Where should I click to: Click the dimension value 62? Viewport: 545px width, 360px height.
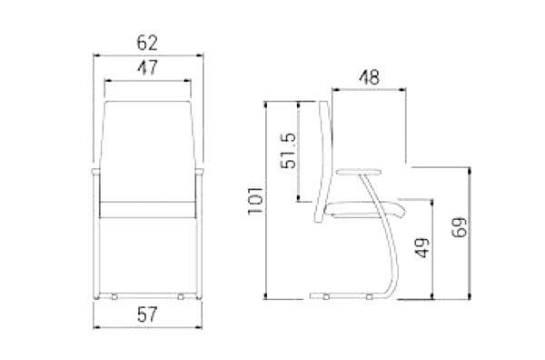(147, 43)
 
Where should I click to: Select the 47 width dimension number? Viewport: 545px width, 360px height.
(147, 67)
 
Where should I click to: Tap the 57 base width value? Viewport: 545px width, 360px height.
(147, 315)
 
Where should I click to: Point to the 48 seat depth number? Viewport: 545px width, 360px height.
(369, 77)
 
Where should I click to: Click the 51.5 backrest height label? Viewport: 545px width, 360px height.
(289, 151)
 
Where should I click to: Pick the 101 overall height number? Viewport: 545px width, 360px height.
(255, 201)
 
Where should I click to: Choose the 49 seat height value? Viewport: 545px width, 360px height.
(422, 247)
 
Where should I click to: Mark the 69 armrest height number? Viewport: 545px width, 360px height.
(460, 226)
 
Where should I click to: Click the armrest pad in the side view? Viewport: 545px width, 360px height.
(359, 171)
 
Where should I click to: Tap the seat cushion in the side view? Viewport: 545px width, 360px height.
(365, 209)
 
